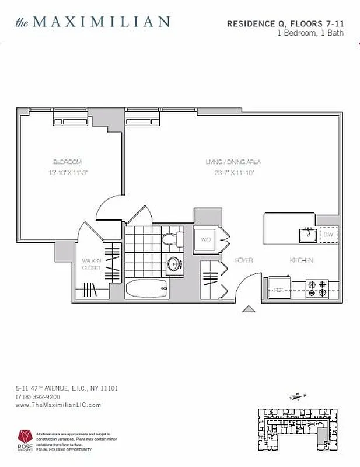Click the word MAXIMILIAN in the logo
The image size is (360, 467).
point(101,22)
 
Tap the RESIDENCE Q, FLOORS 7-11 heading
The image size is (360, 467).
point(285,24)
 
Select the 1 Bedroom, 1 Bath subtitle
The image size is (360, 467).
point(310,33)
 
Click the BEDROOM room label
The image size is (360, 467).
point(67,162)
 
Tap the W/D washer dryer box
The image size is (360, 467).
point(205,239)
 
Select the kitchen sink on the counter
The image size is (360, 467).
point(306,235)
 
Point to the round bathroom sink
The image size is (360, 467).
point(173,264)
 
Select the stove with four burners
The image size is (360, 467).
point(320,287)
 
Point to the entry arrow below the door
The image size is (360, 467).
point(248,310)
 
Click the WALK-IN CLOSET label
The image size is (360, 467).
point(90,264)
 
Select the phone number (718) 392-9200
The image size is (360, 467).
point(38,396)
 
